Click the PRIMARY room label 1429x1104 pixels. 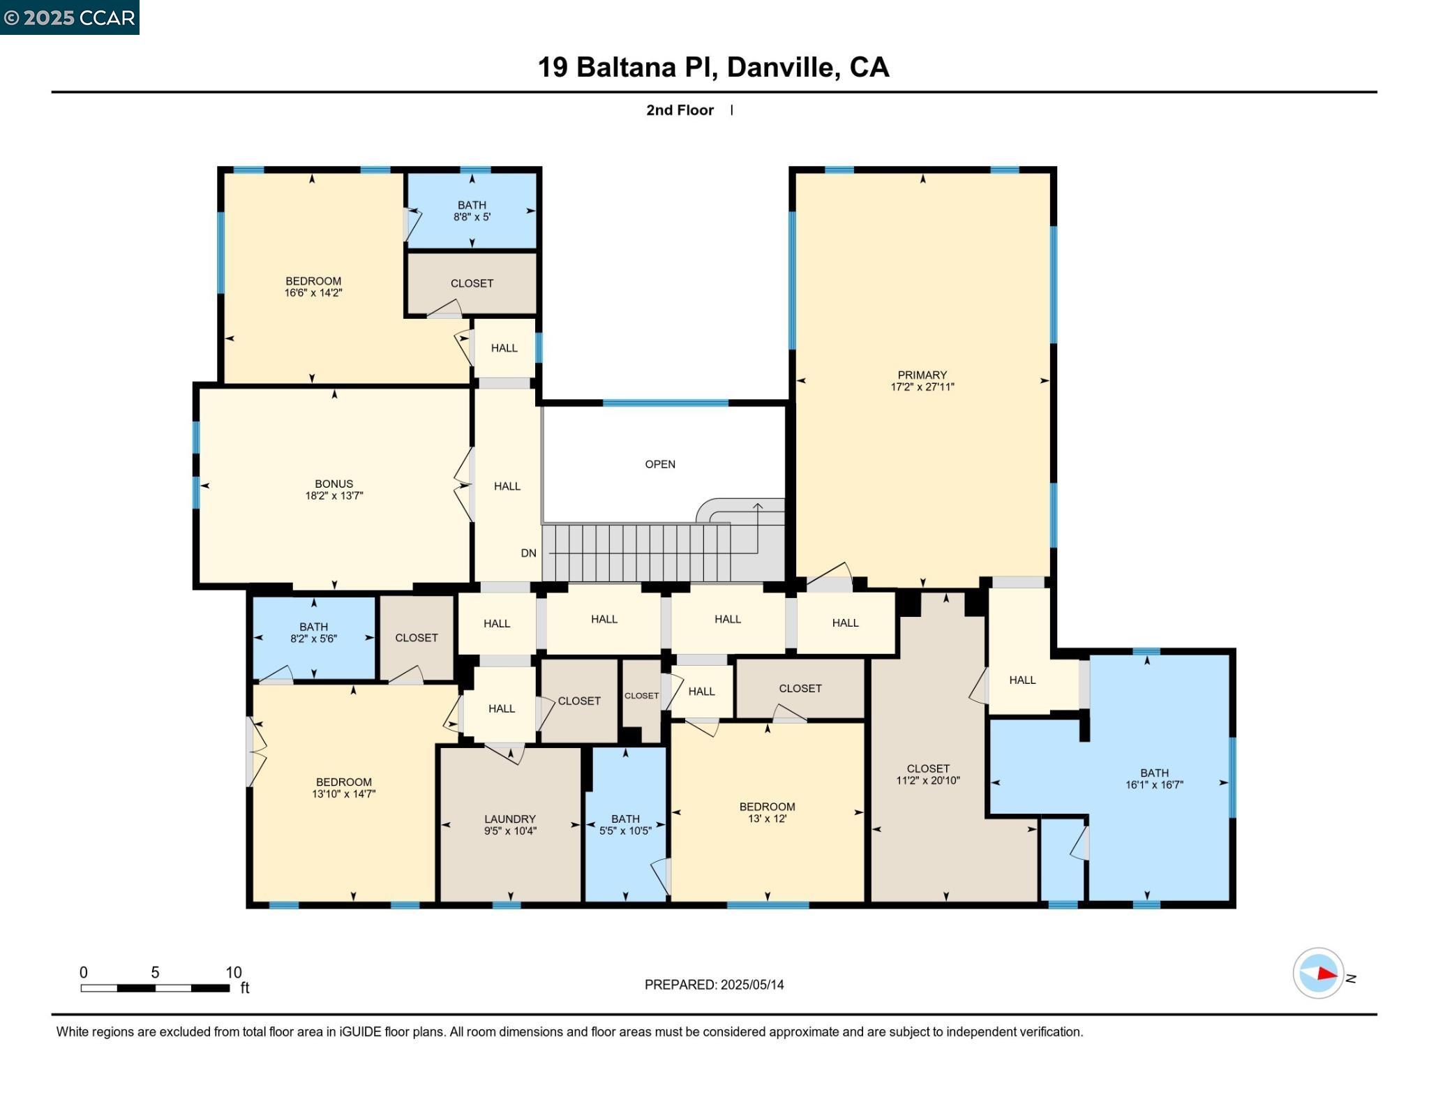922,375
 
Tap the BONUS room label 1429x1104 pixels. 334,484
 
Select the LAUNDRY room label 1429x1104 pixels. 510,819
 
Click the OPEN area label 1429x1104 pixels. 660,464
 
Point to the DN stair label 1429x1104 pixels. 528,553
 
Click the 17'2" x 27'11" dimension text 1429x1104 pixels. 922,387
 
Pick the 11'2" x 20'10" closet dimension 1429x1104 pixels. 927,780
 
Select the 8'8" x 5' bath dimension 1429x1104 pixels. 472,217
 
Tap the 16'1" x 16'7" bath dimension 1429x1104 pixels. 1154,784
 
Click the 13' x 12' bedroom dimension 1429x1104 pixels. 767,819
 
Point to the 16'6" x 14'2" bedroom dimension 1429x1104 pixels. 313,293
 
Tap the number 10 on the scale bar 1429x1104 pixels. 233,972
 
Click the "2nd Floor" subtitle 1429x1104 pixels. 680,110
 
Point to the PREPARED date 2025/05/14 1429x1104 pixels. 752,985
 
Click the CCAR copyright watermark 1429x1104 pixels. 70,17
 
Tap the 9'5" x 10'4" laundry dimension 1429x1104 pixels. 510,831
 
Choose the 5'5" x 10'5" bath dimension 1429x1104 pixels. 625,831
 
